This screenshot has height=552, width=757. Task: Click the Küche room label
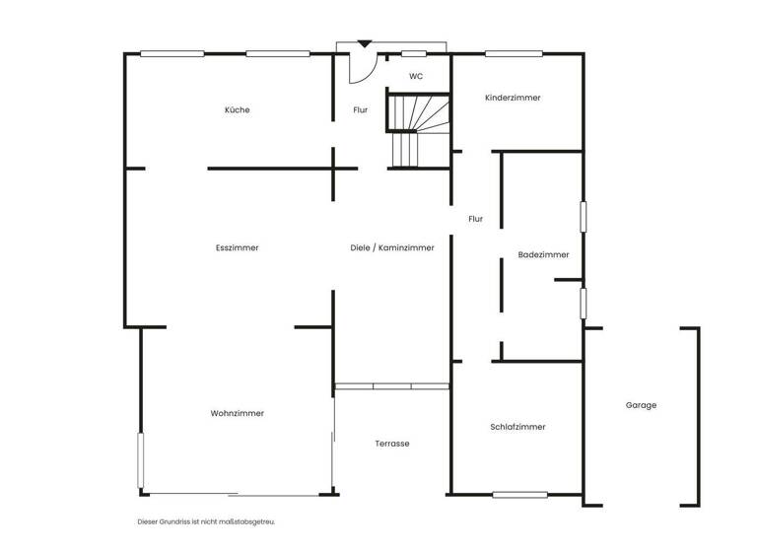[x=237, y=109]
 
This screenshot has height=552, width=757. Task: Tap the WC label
[x=416, y=76]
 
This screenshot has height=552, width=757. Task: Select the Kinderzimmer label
[x=513, y=98]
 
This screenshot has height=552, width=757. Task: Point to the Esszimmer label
[x=237, y=247]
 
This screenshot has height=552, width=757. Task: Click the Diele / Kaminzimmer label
[x=391, y=247]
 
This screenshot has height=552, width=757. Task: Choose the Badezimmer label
[x=543, y=255]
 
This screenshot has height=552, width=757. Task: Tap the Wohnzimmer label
[x=237, y=413]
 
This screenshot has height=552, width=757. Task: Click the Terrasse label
[x=391, y=444]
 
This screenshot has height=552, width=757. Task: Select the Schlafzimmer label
[x=517, y=427]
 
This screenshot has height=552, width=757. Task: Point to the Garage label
[x=641, y=405]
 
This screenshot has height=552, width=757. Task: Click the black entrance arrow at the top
[x=364, y=44]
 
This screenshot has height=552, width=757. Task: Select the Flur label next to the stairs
[x=360, y=109]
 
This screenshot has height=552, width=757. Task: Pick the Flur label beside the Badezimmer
[x=476, y=219]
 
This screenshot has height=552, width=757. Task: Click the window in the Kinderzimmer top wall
[x=515, y=53]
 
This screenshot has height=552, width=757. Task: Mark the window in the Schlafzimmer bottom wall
[x=519, y=494]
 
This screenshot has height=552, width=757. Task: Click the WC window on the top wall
[x=413, y=53]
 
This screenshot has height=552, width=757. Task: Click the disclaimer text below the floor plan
[x=207, y=520]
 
